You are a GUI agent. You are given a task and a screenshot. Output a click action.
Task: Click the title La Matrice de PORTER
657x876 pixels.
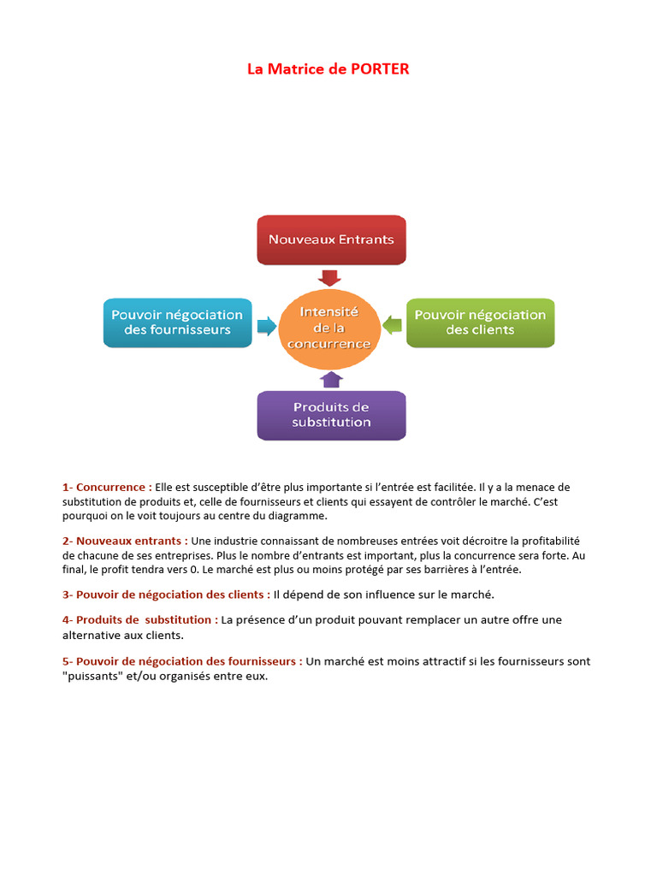pyautogui.click(x=328, y=69)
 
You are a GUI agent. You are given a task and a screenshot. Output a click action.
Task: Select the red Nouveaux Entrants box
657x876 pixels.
pyautogui.click(x=331, y=240)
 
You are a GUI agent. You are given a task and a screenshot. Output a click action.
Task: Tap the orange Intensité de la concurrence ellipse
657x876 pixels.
pyautogui.click(x=329, y=328)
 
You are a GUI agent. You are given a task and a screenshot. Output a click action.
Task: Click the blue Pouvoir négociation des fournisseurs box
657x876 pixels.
pyautogui.click(x=178, y=323)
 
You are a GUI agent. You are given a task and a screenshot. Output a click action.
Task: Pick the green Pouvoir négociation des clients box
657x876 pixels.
pyautogui.click(x=480, y=323)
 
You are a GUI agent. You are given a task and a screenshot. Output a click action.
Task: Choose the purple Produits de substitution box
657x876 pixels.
pyautogui.click(x=331, y=415)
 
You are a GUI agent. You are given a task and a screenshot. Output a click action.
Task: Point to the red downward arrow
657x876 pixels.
pyautogui.click(x=329, y=277)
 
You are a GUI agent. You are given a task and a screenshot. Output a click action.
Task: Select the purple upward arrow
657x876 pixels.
pyautogui.click(x=330, y=380)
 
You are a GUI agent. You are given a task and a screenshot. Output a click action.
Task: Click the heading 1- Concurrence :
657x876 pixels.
pyautogui.click(x=107, y=487)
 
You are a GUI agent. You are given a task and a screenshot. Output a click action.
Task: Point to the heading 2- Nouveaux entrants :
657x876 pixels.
pyautogui.click(x=125, y=541)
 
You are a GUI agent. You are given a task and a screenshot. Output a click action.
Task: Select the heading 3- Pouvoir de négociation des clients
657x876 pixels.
pyautogui.click(x=166, y=594)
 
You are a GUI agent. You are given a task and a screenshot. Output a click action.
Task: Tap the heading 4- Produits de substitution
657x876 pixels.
pyautogui.click(x=139, y=619)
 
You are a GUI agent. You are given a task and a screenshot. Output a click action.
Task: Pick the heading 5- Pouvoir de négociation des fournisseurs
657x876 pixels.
pyautogui.click(x=182, y=661)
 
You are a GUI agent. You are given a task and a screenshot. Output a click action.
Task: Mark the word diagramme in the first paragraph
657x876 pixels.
pyautogui.click(x=299, y=516)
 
